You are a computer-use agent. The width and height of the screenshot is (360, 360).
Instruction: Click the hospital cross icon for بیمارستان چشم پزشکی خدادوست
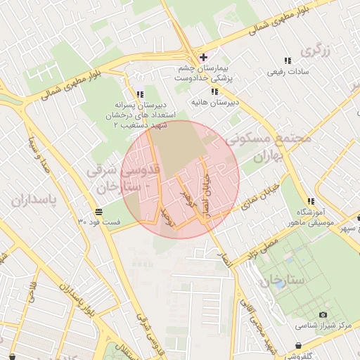click(x=203, y=57)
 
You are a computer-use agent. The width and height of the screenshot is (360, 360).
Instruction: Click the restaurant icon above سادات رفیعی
click(x=287, y=61)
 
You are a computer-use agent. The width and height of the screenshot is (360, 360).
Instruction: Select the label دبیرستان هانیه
click(x=214, y=103)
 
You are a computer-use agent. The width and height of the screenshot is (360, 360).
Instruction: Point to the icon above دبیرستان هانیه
click(x=214, y=91)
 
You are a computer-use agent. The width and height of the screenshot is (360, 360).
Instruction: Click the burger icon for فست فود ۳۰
click(x=99, y=212)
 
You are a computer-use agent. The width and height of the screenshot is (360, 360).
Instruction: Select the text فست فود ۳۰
click(x=99, y=222)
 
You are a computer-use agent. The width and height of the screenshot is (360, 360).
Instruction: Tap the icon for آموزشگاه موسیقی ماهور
click(x=310, y=201)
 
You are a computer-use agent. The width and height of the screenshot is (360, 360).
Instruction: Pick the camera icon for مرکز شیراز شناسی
click(x=323, y=314)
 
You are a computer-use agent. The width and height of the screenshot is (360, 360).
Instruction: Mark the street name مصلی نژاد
click(x=260, y=250)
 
